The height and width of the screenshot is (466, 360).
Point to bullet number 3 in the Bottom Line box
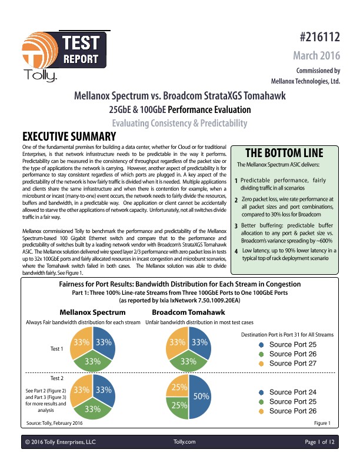(x=236, y=225)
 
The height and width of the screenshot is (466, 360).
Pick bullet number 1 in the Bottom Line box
(x=236, y=181)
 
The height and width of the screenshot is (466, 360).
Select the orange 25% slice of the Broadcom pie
(x=178, y=387)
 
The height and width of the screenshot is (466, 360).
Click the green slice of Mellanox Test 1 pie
(x=93, y=361)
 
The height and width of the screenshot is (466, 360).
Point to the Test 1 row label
(x=57, y=349)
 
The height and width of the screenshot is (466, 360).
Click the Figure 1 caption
(x=322, y=423)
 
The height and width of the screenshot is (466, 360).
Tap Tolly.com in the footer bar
(x=185, y=441)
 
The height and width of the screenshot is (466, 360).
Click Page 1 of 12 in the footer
(x=319, y=441)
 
